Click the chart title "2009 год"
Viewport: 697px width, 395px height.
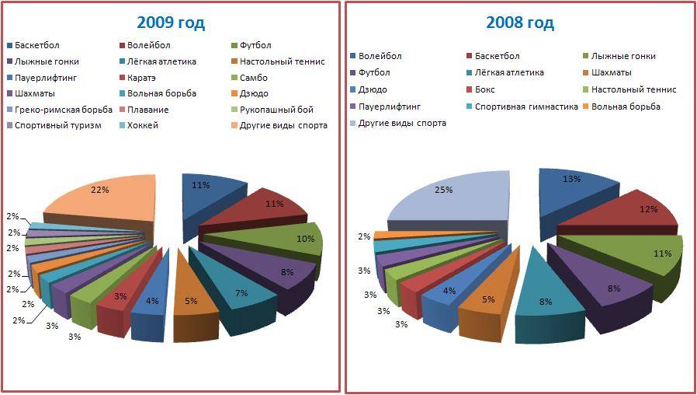171,23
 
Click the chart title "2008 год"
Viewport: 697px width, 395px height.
519,23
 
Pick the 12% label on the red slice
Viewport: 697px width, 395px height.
648,209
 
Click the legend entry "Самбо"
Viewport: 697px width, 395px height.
255,77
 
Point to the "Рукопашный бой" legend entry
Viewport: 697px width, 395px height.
276,110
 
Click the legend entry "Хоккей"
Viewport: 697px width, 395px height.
143,125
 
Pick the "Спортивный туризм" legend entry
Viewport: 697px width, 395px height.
57,125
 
